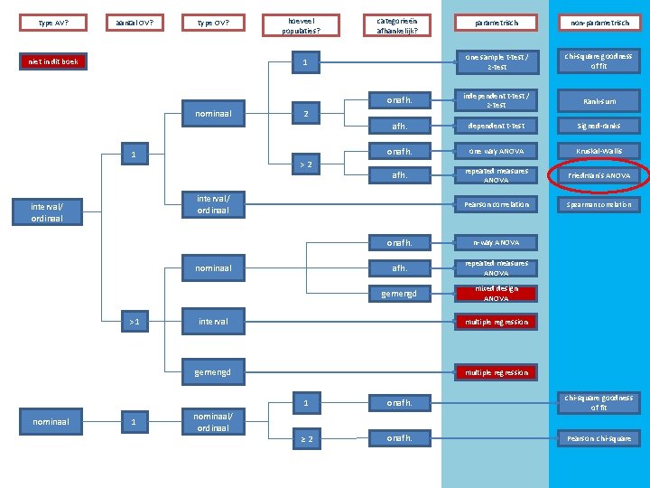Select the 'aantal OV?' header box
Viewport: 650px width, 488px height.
point(135,22)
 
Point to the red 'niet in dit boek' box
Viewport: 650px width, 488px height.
point(53,62)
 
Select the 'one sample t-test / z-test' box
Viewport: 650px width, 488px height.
point(496,61)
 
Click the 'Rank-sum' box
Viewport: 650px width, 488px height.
point(599,101)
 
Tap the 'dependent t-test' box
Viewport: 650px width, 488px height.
point(496,126)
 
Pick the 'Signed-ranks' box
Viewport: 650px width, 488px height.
point(599,126)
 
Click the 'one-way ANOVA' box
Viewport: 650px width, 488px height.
point(496,151)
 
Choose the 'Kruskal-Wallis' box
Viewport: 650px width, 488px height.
point(599,151)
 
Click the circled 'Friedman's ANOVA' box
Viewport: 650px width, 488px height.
point(599,175)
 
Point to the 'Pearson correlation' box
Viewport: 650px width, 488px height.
point(496,204)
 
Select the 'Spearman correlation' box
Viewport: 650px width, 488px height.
point(599,204)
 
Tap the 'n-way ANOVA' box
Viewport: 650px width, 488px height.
point(496,242)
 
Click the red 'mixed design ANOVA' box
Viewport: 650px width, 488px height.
point(496,293)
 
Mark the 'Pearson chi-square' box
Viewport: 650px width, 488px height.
point(599,438)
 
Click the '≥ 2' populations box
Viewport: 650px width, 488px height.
point(306,439)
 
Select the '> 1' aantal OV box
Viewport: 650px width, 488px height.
point(134,321)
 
